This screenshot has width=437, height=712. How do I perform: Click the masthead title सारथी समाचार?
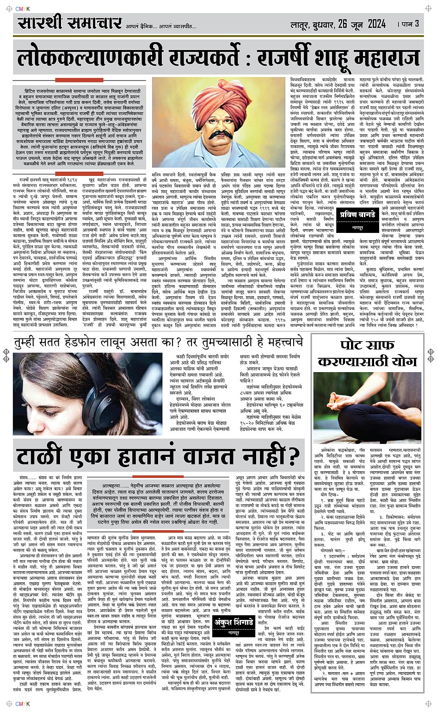pos(70,23)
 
